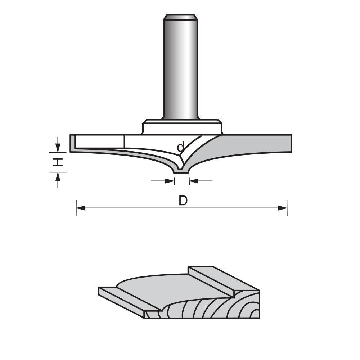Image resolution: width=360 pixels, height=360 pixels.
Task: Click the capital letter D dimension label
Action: coord(183,201)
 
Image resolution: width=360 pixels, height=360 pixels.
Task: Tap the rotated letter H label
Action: coord(58,162)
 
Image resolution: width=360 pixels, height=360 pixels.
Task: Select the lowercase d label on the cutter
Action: coord(181,147)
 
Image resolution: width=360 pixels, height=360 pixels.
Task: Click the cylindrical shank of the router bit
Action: coord(180,68)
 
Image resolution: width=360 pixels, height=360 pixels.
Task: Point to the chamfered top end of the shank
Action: coord(180,17)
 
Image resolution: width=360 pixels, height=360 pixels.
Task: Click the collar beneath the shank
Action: coord(182,127)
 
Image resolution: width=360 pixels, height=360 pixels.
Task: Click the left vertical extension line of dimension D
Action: coord(76,208)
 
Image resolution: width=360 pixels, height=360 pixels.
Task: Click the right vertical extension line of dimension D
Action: coord(287,208)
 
